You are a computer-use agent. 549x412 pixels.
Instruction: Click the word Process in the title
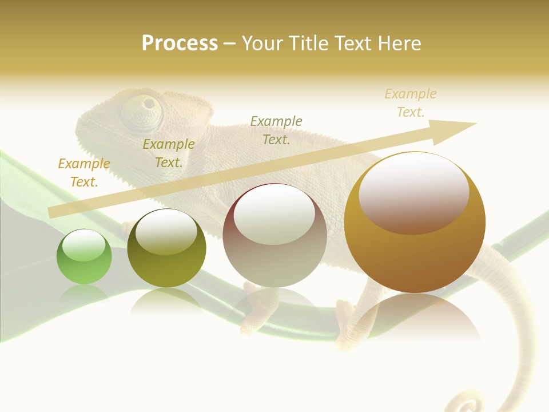(x=180, y=43)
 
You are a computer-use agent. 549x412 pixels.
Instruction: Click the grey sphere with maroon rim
(x=274, y=236)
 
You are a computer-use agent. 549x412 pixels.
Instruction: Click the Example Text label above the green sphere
(x=84, y=172)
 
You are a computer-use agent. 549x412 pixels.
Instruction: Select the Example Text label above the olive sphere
(x=169, y=153)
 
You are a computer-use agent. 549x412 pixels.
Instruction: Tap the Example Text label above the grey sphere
(x=276, y=130)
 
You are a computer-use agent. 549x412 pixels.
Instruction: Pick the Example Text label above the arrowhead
(x=411, y=102)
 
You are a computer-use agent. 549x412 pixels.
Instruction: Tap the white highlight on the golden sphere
(x=414, y=193)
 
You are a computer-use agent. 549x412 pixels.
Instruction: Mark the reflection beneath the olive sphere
(x=166, y=300)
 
